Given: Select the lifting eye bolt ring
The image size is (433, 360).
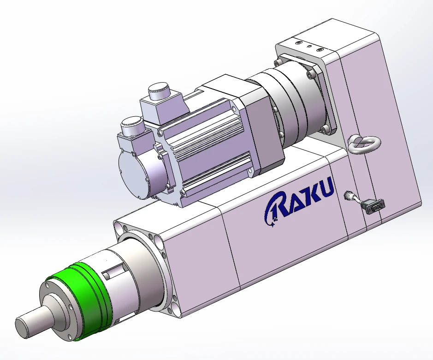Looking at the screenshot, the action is coord(364,143).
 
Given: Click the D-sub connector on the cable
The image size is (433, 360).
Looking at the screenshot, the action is coord(375,207).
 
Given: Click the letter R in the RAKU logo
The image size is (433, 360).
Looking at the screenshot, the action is coord(276,210).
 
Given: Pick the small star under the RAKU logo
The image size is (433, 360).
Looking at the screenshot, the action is coord(273,224).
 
